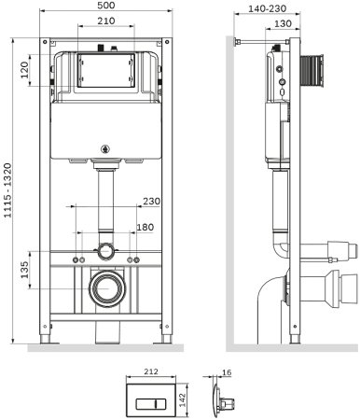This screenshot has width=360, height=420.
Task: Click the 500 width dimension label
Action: pyautogui.click(x=106, y=6)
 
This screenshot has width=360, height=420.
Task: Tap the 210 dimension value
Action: pyautogui.click(x=106, y=21)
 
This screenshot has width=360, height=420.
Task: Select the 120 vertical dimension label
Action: pyautogui.click(x=24, y=70)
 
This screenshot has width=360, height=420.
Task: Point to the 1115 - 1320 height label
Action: pyautogui.click(x=7, y=190)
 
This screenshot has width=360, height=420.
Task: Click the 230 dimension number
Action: pyautogui.click(x=151, y=202)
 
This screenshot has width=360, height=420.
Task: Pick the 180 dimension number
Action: pyautogui.click(x=145, y=227)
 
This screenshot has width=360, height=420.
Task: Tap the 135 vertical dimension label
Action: pyautogui.click(x=24, y=270)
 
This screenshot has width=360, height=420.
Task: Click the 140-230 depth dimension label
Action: pyautogui.click(x=267, y=8)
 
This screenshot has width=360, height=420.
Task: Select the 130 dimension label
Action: pyautogui.click(x=284, y=23)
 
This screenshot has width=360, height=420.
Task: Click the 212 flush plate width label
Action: pyautogui.click(x=151, y=371)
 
